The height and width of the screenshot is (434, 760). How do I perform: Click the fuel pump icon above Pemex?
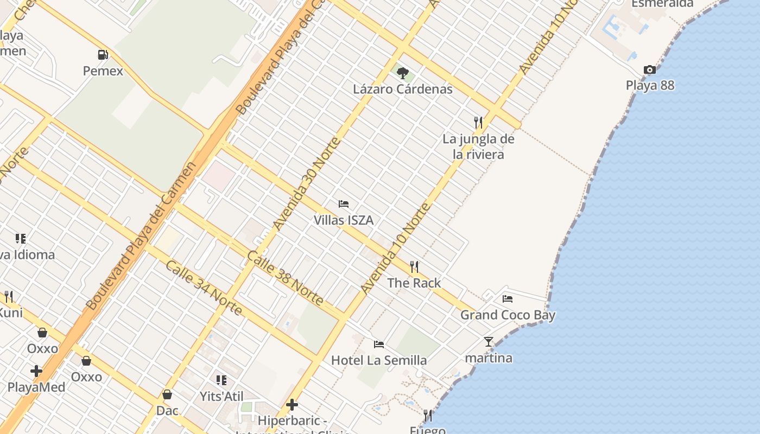point(103,55)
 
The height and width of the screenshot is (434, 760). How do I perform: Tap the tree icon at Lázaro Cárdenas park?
point(402,73)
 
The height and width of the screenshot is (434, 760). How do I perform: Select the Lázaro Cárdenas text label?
point(402,89)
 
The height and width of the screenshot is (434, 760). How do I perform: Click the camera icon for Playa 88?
point(649,69)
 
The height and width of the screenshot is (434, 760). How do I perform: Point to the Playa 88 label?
point(649,85)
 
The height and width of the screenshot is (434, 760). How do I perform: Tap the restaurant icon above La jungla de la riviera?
point(478,122)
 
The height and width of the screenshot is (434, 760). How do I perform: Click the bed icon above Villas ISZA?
point(343,204)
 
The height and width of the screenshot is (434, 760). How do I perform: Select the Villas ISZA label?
point(343,220)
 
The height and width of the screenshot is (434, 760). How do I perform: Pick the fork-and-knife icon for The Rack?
point(414,266)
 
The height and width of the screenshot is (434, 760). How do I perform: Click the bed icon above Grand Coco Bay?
point(508,298)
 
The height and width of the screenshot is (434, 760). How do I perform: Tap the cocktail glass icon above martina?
point(489,342)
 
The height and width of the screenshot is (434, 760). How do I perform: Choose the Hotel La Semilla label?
point(378,360)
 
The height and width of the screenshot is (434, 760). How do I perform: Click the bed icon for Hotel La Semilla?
point(378,344)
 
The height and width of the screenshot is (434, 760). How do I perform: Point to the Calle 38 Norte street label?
point(286,278)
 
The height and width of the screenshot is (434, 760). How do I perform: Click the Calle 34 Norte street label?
point(203,288)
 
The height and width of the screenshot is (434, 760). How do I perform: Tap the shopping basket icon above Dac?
point(167,394)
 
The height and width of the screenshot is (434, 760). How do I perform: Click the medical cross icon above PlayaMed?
point(36,371)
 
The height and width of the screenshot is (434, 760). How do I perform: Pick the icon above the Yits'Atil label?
point(221,380)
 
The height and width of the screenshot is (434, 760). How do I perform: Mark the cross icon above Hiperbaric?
point(292,405)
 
